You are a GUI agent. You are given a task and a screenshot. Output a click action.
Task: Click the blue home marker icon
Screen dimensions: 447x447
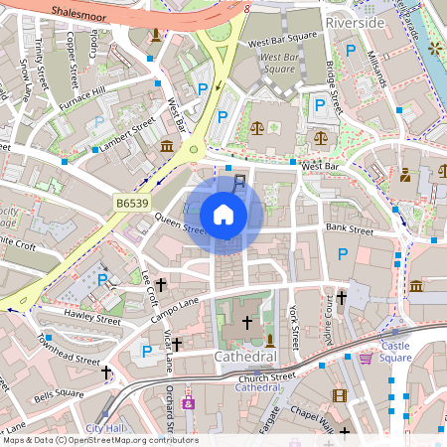coord(223,214)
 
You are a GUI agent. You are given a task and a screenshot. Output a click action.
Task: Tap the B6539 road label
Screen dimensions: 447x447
coord(131,203)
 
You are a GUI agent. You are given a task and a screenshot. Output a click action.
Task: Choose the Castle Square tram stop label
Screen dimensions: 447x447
coord(381,352)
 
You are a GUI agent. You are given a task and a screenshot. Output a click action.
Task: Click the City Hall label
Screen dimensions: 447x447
coord(109,428)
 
